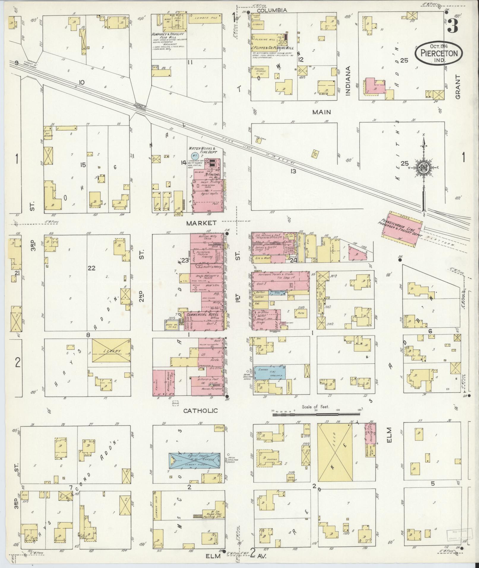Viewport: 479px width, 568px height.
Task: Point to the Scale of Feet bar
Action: [316, 412]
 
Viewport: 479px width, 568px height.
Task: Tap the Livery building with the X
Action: [111, 351]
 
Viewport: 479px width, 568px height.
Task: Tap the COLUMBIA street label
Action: [272, 10]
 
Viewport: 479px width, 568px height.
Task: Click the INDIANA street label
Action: [348, 81]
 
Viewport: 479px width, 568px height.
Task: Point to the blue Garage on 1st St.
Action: [270, 372]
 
